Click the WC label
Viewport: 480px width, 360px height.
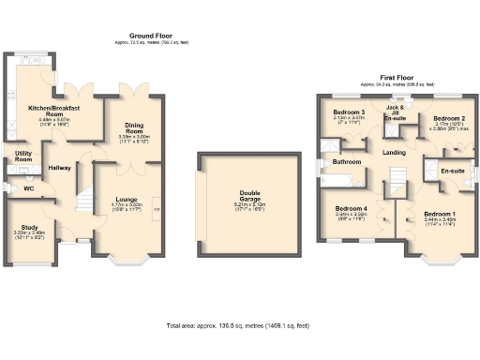pos(28,188)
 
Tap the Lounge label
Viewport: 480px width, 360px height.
pos(127,200)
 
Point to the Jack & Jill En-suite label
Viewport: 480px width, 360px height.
pos(395,112)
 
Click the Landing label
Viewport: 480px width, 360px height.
pos(394,152)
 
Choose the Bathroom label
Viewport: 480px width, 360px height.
pos(347,162)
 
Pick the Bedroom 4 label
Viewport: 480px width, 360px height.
pos(349,208)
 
